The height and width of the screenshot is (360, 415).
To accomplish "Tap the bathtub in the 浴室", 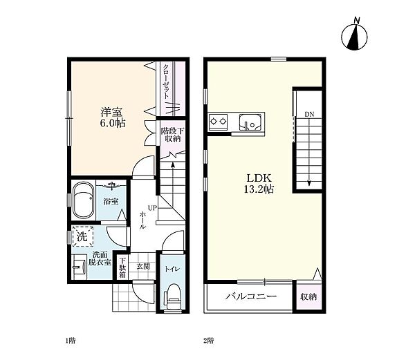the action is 84,200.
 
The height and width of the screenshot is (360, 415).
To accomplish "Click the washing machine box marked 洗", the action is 83,236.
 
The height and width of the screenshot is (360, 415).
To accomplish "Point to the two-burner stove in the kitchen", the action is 219,122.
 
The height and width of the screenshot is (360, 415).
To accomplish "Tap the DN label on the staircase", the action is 309,115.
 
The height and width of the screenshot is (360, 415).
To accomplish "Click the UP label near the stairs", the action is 152,208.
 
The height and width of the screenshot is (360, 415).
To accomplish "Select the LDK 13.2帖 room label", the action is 259,183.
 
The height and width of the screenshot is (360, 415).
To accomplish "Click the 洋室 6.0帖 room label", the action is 113,117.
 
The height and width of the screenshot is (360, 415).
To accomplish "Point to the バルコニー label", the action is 251,296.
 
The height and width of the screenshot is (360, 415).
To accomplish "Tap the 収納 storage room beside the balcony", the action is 308,296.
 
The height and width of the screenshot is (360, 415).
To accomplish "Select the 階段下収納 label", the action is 173,135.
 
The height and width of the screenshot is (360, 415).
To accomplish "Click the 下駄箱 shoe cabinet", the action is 122,267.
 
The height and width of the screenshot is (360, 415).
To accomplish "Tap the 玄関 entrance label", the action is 143,267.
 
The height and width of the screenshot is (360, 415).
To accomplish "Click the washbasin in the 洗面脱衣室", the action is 80,267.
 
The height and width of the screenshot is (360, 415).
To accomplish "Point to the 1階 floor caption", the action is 71,341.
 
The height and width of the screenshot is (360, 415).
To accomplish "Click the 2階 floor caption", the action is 209,341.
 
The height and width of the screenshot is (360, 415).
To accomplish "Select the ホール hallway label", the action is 142,220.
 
